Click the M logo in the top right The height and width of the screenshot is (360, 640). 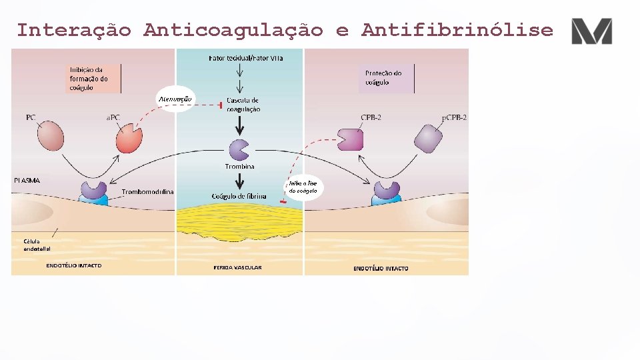(591, 31)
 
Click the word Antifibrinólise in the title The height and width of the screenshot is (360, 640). (457, 30)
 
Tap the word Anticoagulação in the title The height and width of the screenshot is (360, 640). (233, 30)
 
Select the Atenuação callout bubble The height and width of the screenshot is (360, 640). (175, 99)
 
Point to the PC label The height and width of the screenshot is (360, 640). (31, 117)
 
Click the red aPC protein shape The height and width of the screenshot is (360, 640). (129, 138)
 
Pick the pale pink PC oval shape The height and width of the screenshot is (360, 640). (50, 137)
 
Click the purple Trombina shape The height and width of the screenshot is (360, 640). (238, 150)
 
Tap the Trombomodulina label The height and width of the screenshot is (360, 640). (147, 192)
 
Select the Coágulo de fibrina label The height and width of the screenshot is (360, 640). (239, 196)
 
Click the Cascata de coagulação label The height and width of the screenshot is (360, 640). (243, 105)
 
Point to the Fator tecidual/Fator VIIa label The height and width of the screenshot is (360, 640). (245, 58)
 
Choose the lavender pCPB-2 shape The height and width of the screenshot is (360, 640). (428, 138)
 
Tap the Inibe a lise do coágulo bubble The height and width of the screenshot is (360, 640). (303, 187)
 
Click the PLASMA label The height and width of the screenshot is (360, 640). (27, 180)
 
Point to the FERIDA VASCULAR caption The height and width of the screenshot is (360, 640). (237, 268)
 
